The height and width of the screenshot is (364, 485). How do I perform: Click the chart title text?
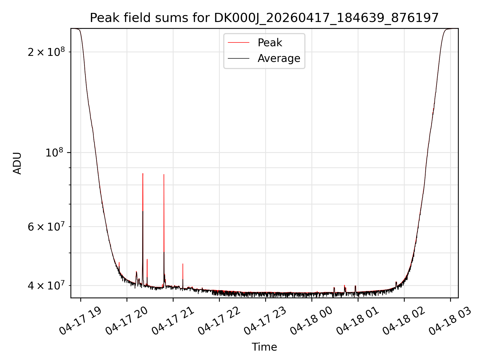264,18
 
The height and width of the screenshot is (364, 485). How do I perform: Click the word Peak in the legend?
270,43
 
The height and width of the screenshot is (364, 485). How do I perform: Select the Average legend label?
279,58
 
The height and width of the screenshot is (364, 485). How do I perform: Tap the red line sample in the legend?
238,43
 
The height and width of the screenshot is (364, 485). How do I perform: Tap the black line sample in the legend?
238,58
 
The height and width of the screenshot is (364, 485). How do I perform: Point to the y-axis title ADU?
17,163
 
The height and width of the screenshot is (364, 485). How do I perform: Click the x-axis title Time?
264,347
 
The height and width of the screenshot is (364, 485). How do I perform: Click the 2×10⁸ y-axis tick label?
46,52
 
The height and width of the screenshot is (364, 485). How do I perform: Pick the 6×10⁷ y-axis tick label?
46,226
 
